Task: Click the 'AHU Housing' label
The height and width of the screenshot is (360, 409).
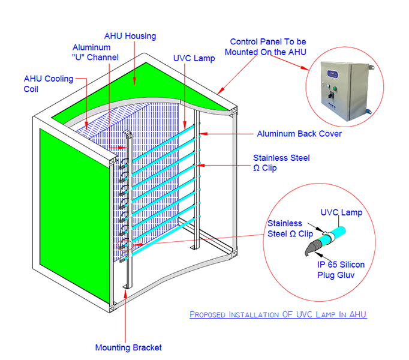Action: tap(130, 36)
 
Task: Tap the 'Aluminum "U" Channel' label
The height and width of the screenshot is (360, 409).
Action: tap(95, 52)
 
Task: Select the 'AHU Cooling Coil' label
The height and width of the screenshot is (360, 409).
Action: tap(49, 84)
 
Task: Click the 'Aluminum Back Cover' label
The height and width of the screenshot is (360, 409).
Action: tap(299, 134)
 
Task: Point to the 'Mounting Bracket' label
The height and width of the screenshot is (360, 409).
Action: tap(128, 347)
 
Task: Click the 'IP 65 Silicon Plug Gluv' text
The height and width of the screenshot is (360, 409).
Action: tap(341, 269)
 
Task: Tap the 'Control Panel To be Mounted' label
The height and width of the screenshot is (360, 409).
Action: tap(266, 47)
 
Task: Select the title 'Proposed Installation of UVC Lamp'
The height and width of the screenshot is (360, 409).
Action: tap(278, 314)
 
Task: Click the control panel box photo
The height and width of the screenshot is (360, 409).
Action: tap(346, 91)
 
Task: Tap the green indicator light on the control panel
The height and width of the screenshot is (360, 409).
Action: tap(335, 88)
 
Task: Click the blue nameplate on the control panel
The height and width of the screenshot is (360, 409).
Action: tap(333, 74)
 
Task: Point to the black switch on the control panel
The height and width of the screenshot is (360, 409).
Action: tap(331, 95)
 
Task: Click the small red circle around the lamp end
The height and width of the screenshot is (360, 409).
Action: tap(125, 245)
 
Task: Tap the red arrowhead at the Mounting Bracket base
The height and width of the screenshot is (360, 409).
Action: tap(125, 293)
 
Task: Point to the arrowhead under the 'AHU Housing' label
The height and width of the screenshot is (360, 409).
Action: tap(134, 82)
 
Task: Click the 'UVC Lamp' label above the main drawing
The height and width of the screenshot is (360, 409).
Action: tap(194, 58)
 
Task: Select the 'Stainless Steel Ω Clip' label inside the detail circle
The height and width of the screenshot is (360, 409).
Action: tap(290, 229)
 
